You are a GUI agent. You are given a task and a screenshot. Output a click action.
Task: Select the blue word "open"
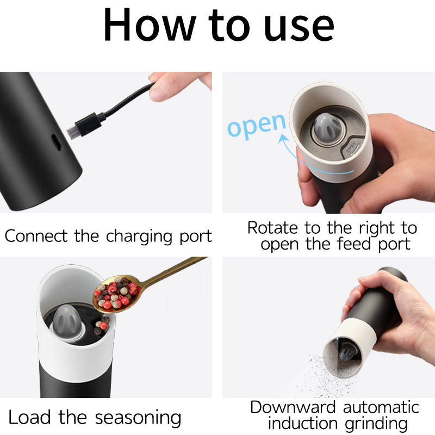[x=257, y=126]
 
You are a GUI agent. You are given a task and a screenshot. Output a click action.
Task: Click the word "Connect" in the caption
[x=36, y=236]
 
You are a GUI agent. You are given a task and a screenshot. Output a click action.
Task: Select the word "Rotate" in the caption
[x=272, y=228]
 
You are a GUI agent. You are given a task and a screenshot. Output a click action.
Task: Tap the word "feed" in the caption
[x=354, y=244]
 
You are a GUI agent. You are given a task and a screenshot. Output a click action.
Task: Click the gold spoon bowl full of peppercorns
[x=116, y=294]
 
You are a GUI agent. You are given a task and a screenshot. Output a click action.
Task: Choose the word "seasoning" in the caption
[x=138, y=418]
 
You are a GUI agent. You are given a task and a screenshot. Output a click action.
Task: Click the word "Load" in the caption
[x=30, y=417]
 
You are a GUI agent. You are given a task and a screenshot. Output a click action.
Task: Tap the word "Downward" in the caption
[x=293, y=407]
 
